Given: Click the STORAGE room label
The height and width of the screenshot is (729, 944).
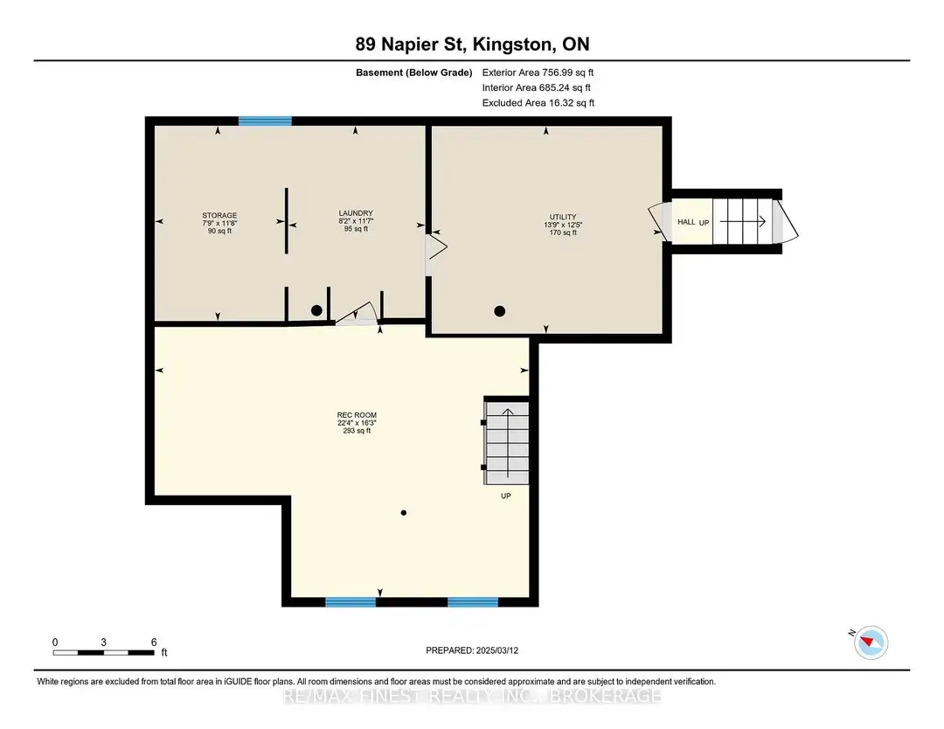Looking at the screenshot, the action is pos(219,216).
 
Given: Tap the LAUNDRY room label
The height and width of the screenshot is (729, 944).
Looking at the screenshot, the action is pos(356,213).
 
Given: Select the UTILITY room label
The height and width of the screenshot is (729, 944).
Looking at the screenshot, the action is pos(563,217).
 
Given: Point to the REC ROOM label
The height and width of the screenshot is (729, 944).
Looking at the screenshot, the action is pos(357,415).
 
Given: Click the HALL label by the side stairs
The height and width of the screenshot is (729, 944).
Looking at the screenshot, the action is pos(686,222).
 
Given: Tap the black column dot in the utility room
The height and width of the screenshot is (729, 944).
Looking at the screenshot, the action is pos(500,311).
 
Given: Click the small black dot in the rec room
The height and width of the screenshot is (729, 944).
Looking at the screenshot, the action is pos(403,513).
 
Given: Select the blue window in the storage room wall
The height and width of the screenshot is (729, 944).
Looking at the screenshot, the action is pos(265,121).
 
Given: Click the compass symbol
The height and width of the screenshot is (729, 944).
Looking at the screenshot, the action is pos(871,642).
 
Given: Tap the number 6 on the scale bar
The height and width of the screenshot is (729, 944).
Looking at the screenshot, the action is pos(154,642).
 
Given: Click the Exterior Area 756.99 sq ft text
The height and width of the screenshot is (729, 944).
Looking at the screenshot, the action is pos(538,73).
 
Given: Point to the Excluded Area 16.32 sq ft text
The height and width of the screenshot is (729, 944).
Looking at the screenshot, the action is pos(538,103).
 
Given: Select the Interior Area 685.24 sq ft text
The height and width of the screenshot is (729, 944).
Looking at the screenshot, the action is pos(537,88).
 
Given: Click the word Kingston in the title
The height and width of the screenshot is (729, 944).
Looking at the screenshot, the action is pos(513,45).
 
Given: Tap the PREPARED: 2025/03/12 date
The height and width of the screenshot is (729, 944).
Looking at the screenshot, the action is pos(472,650).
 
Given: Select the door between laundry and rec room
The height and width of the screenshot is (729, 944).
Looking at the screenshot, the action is pos(357,315).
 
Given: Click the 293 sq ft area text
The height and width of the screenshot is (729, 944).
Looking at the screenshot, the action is pos(357,431).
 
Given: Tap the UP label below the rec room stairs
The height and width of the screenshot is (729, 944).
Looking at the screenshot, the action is pos(506,496).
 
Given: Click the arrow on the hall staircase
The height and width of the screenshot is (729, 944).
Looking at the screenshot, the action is pos(743,221).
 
